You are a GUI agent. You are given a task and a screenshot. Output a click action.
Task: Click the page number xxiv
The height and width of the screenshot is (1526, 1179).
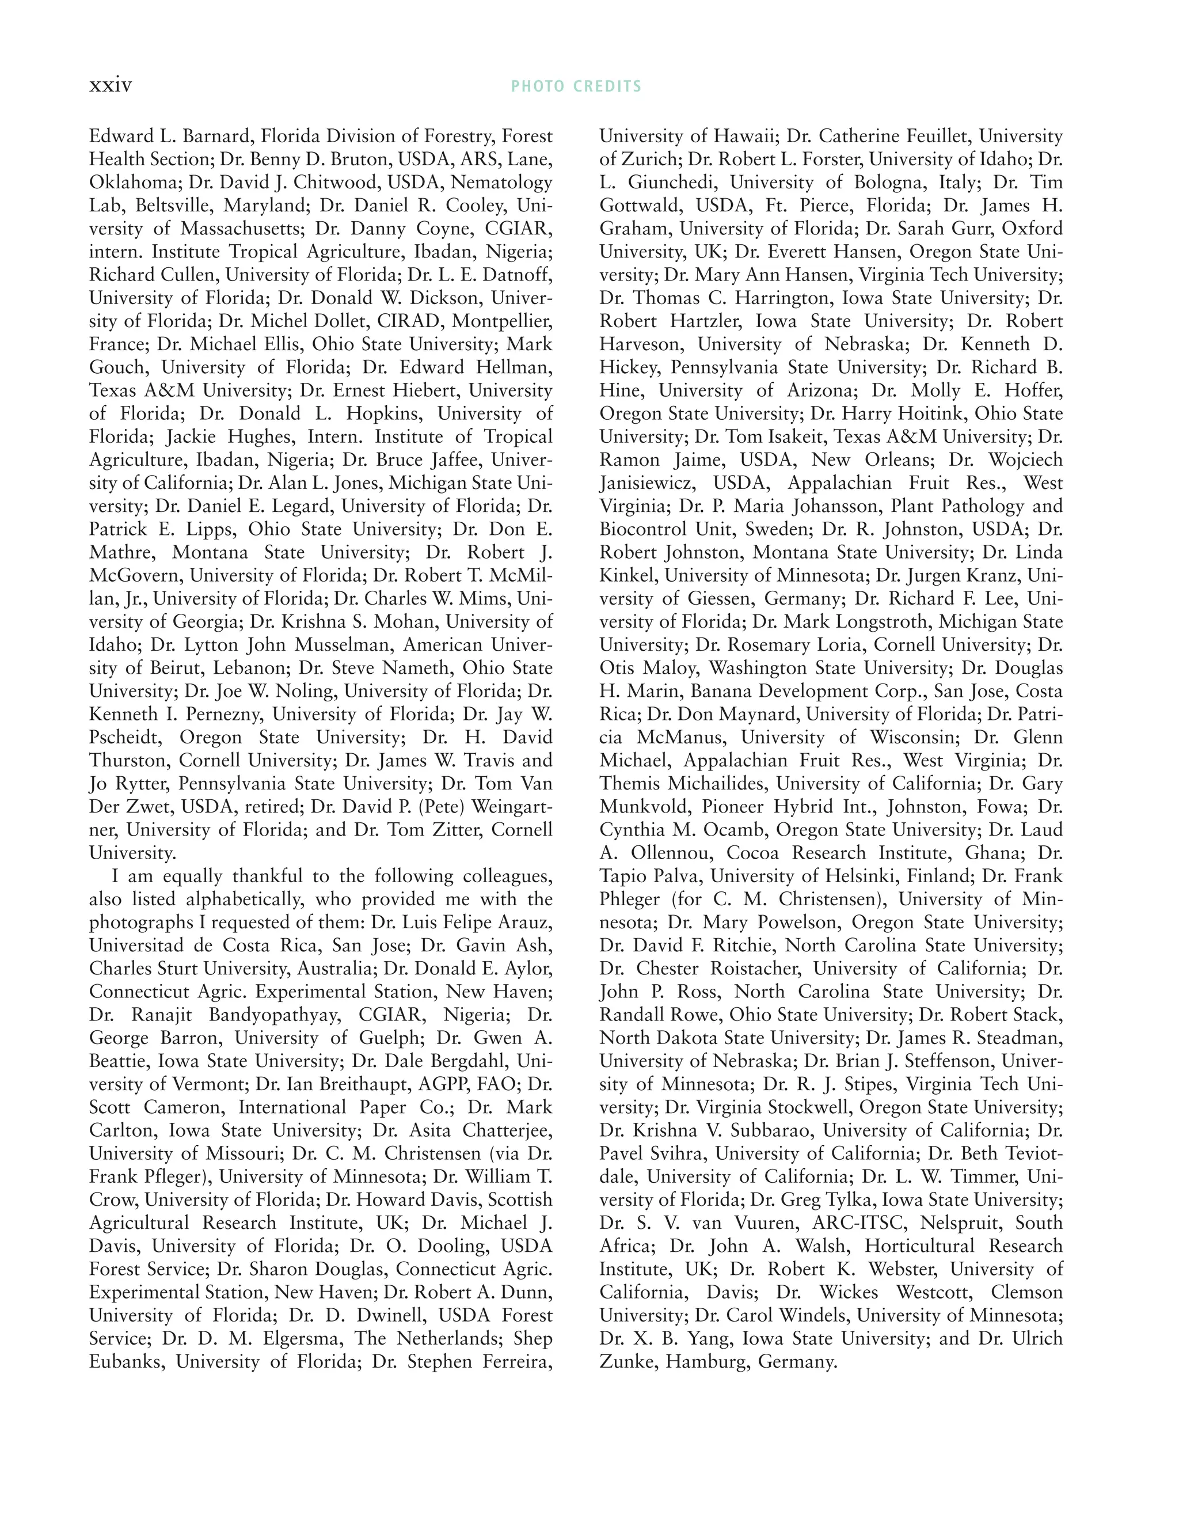[111, 85]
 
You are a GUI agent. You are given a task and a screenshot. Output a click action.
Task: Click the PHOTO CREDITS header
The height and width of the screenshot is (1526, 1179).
[576, 86]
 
